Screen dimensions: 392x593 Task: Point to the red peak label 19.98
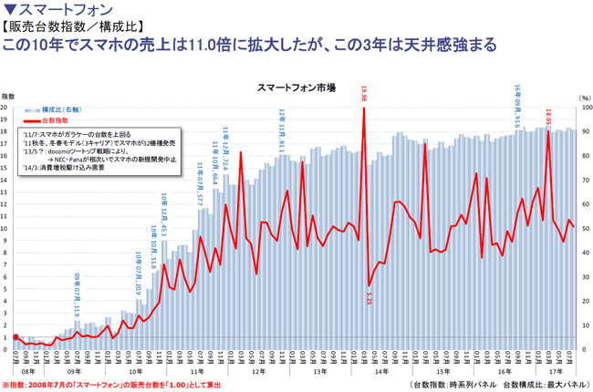365,91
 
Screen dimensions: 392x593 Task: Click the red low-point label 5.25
369,298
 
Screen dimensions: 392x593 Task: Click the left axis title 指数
8,95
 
